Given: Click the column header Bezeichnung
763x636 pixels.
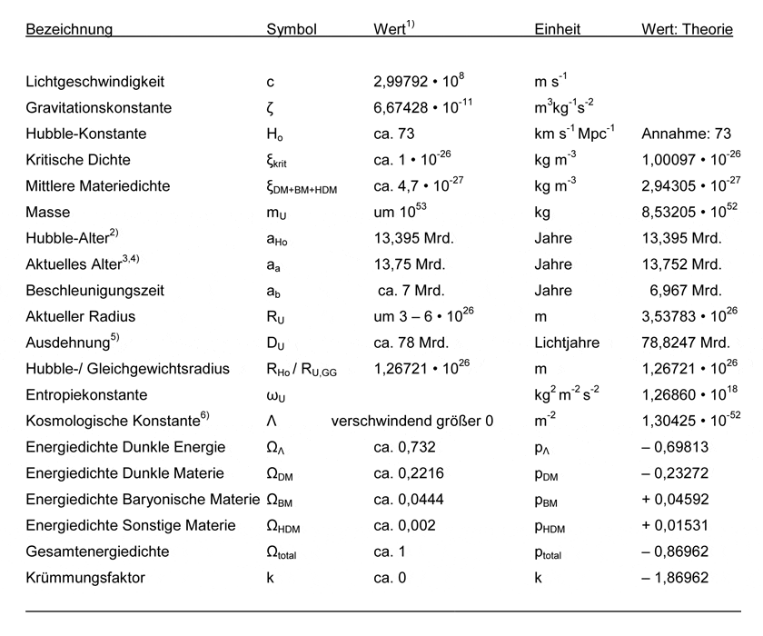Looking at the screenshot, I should pyautogui.click(x=69, y=29).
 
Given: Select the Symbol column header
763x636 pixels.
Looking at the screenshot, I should pyautogui.click(x=291, y=29).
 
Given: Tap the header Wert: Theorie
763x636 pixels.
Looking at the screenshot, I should pyautogui.click(x=687, y=29).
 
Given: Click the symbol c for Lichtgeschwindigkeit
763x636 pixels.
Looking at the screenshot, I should pyautogui.click(x=270, y=82).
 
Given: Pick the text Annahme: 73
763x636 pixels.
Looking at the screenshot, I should pyautogui.click(x=679, y=134).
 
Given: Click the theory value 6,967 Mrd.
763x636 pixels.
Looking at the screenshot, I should pyautogui.click(x=686, y=291).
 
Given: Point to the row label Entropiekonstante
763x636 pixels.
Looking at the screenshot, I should pyautogui.click(x=86, y=396).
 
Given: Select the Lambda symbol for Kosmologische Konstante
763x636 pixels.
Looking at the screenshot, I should pyautogui.click(x=271, y=422).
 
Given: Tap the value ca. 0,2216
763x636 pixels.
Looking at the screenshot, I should pyautogui.click(x=405, y=473).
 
